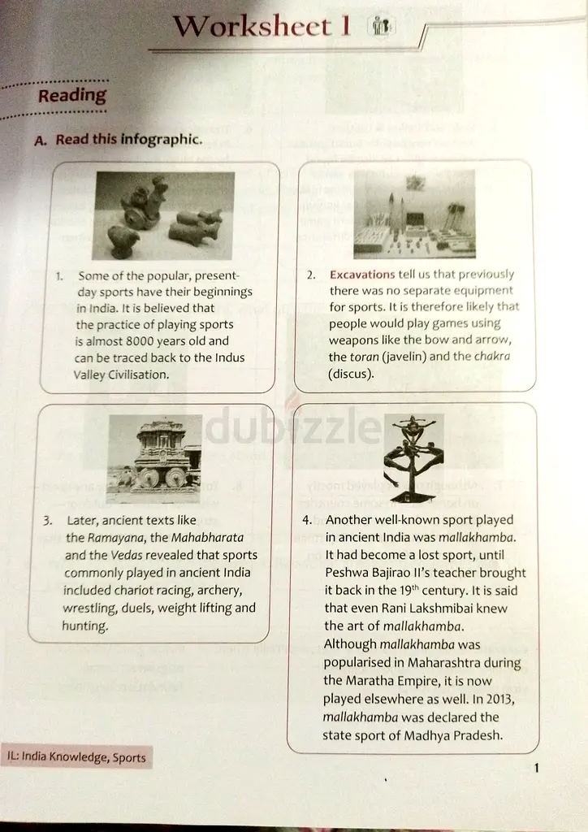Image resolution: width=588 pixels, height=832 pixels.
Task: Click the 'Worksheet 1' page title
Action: click(262, 25)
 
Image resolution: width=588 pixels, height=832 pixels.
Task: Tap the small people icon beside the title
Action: click(381, 25)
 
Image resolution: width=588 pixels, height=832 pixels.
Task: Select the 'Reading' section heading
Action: click(72, 96)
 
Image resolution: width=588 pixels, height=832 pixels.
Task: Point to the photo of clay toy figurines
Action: click(163, 215)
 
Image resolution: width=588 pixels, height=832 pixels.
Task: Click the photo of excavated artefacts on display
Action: click(414, 214)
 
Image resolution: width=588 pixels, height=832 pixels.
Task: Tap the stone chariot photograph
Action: click(154, 458)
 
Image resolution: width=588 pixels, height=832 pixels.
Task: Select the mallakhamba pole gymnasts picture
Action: click(413, 458)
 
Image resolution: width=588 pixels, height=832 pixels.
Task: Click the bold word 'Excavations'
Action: click(362, 275)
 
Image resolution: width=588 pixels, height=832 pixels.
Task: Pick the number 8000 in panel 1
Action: click(140, 340)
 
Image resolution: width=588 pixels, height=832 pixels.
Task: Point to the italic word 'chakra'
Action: click(492, 356)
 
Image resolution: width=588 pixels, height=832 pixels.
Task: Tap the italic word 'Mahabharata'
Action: click(207, 538)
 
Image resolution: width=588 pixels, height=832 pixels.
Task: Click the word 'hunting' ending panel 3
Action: click(84, 626)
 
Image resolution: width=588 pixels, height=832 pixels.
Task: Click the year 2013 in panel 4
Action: click(499, 699)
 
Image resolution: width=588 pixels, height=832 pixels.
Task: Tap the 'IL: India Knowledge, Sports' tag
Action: click(76, 756)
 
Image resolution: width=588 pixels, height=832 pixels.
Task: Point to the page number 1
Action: click(537, 768)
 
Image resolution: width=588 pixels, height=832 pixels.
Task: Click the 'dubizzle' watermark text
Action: click(292, 425)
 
